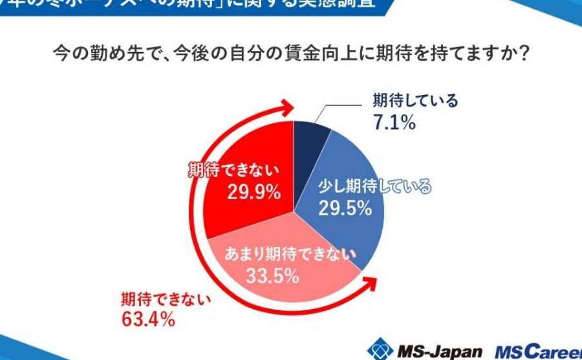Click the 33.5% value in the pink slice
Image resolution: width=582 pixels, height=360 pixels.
coord(272,277)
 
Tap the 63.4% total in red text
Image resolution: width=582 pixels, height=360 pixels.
coord(147,319)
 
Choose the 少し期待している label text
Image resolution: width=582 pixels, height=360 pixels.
coord(374,187)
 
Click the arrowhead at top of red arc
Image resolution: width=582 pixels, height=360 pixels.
coord(283,108)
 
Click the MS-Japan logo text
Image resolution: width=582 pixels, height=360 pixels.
coord(438,350)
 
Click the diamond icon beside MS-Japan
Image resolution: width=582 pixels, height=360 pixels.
coord(380,349)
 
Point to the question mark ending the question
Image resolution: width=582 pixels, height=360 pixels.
coord(524,55)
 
